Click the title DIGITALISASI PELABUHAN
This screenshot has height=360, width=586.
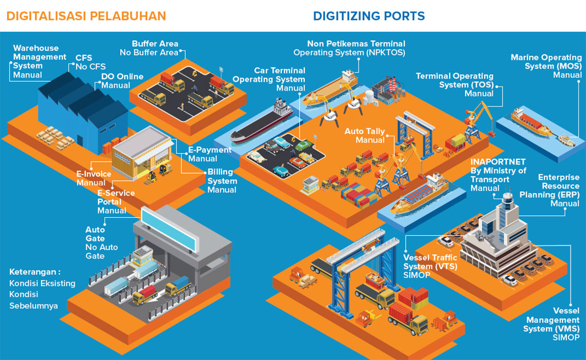(86, 16)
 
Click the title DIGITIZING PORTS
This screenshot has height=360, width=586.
(369, 16)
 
